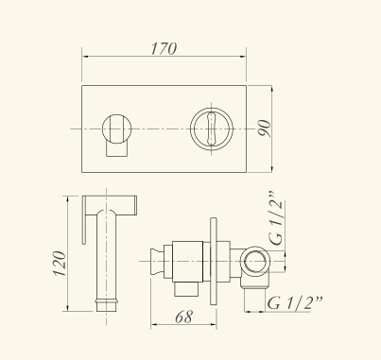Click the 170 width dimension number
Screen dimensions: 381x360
point(164,48)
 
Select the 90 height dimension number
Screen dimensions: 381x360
point(265,128)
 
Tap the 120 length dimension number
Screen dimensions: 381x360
point(60,264)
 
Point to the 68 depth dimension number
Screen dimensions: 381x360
point(183,317)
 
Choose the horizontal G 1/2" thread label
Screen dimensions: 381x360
point(295,302)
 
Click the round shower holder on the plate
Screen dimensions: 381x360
point(117,129)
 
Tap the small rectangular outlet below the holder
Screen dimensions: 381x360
point(117,149)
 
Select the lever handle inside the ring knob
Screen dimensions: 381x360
point(212,129)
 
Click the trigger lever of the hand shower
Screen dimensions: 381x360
point(84,220)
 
